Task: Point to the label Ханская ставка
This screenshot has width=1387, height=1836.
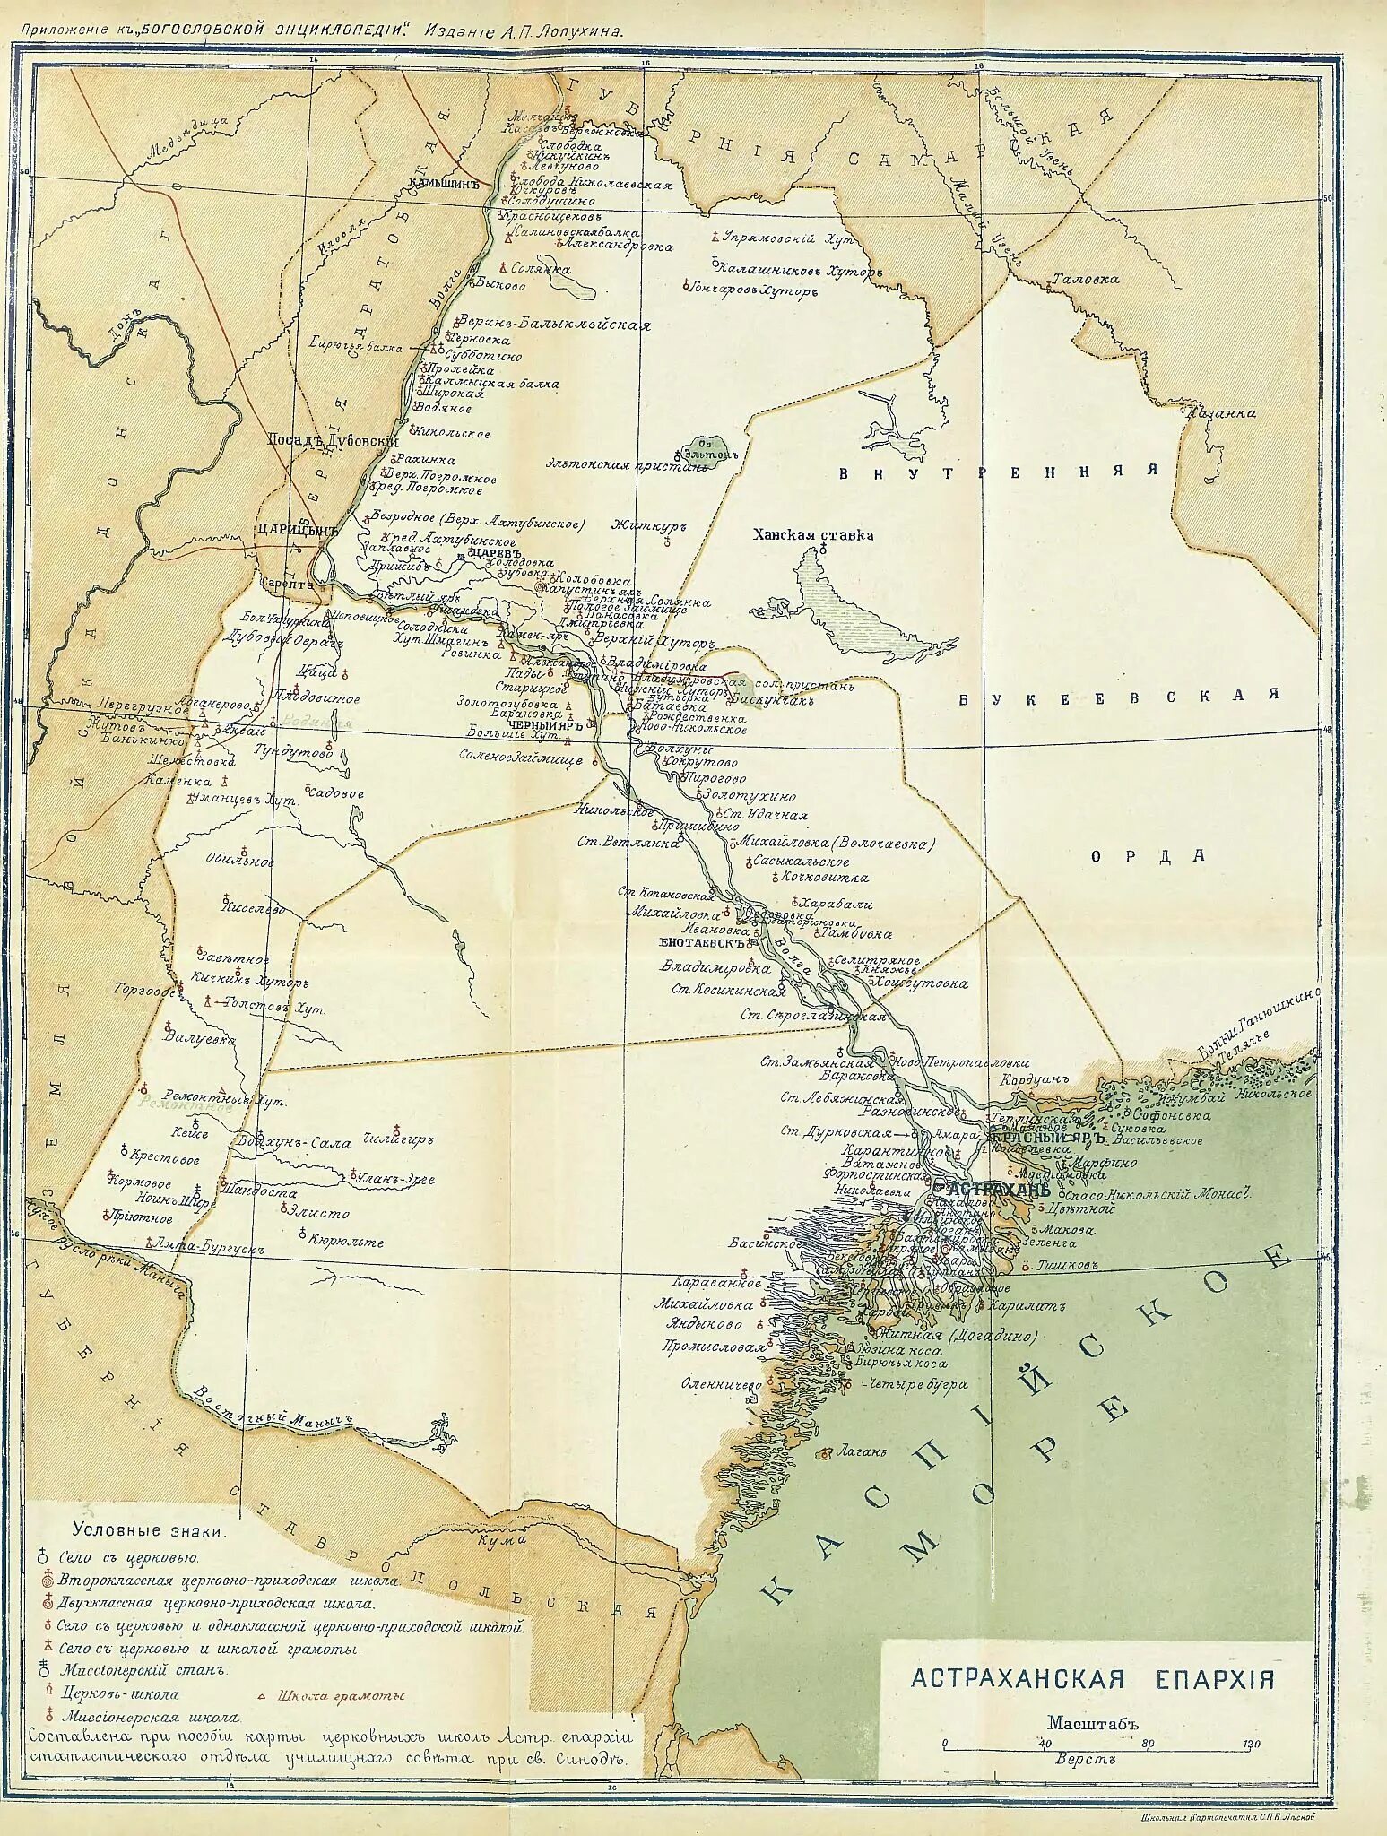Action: point(813,535)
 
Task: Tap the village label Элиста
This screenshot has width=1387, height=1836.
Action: point(318,1213)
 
